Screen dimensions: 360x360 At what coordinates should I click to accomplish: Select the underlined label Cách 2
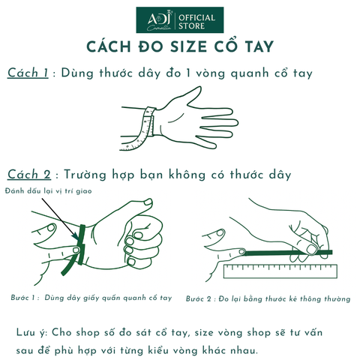click(28, 174)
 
